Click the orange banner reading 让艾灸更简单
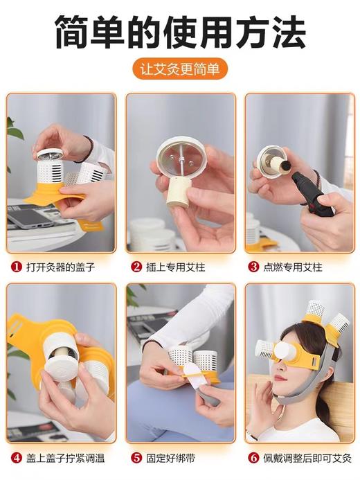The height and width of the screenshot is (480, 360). pos(180,69)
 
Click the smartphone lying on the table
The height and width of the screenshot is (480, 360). pos(30,218)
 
